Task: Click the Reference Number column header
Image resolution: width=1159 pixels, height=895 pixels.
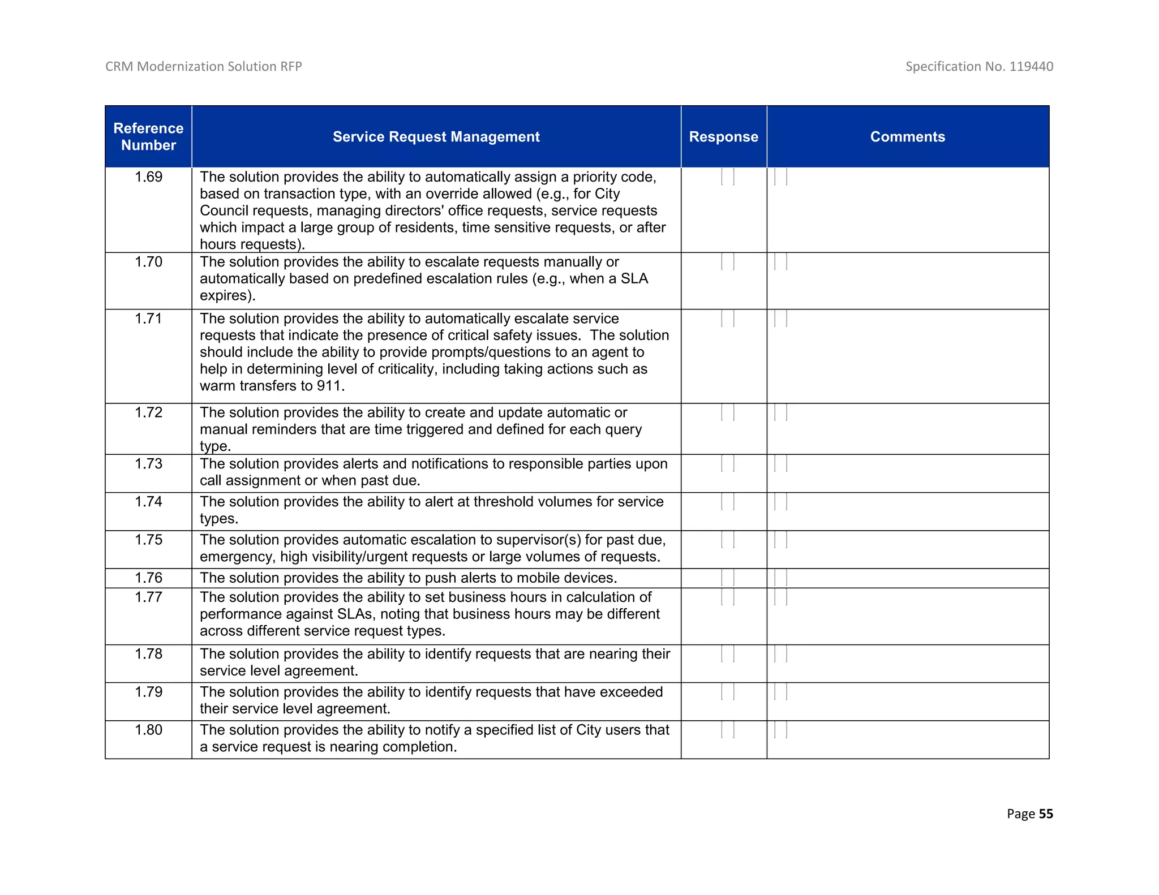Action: pos(148,136)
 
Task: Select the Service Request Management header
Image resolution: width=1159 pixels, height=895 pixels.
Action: pos(436,137)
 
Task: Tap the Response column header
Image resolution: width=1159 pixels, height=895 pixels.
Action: pos(723,137)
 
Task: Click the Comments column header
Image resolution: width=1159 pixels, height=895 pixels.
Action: pos(907,137)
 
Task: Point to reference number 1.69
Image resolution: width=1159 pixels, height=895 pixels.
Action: pos(148,177)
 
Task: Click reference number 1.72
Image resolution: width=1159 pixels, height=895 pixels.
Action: pos(148,412)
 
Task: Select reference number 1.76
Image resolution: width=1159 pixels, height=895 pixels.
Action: pos(148,578)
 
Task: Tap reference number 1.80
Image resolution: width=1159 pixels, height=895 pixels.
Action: pos(148,730)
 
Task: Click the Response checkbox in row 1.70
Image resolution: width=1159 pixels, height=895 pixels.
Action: pos(728,262)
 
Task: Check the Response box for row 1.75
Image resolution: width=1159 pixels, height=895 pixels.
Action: pos(728,540)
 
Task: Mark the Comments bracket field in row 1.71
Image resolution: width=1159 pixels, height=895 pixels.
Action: pos(780,319)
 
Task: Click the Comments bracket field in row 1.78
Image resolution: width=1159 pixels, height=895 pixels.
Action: pos(780,654)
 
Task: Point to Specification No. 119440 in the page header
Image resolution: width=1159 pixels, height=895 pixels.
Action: pos(979,66)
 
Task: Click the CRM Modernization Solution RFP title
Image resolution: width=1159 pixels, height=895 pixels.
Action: pos(204,66)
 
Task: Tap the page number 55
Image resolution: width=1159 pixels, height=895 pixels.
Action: pos(1046,814)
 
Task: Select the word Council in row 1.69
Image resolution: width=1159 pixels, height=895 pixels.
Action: pos(224,210)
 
